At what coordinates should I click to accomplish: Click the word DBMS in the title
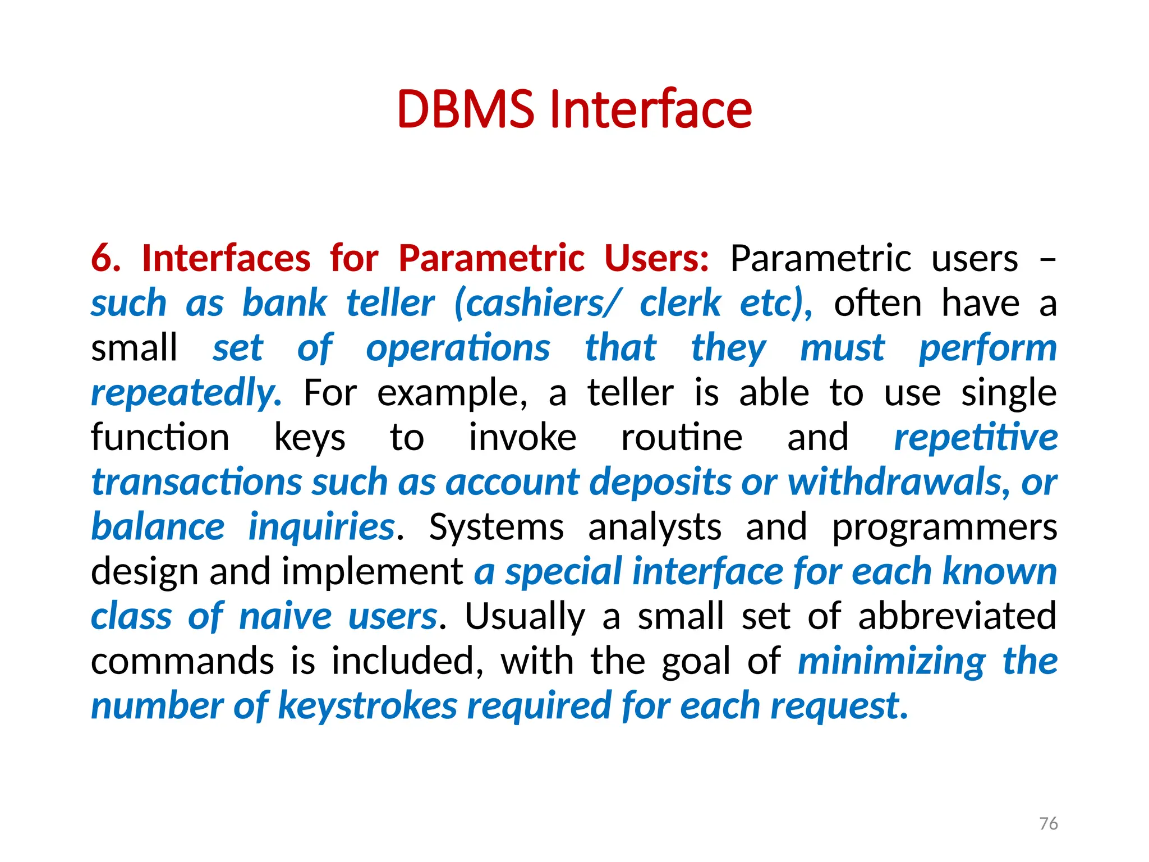(466, 109)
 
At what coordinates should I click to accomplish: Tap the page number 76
(1048, 823)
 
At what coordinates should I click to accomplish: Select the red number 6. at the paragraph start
(105, 259)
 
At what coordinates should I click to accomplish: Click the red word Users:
(656, 259)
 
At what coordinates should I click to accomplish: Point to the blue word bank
(284, 304)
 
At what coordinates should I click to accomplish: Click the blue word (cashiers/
(537, 304)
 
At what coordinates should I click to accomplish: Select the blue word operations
(458, 349)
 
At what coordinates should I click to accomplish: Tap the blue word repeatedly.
(186, 393)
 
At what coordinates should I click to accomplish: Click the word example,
(452, 393)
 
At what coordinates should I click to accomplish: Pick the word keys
(310, 438)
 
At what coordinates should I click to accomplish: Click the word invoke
(522, 438)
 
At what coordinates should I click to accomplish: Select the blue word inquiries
(322, 527)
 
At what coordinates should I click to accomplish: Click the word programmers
(944, 527)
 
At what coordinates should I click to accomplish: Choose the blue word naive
(286, 616)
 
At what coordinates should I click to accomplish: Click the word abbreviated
(957, 616)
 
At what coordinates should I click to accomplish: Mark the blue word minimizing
(891, 661)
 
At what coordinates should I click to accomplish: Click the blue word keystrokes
(367, 705)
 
